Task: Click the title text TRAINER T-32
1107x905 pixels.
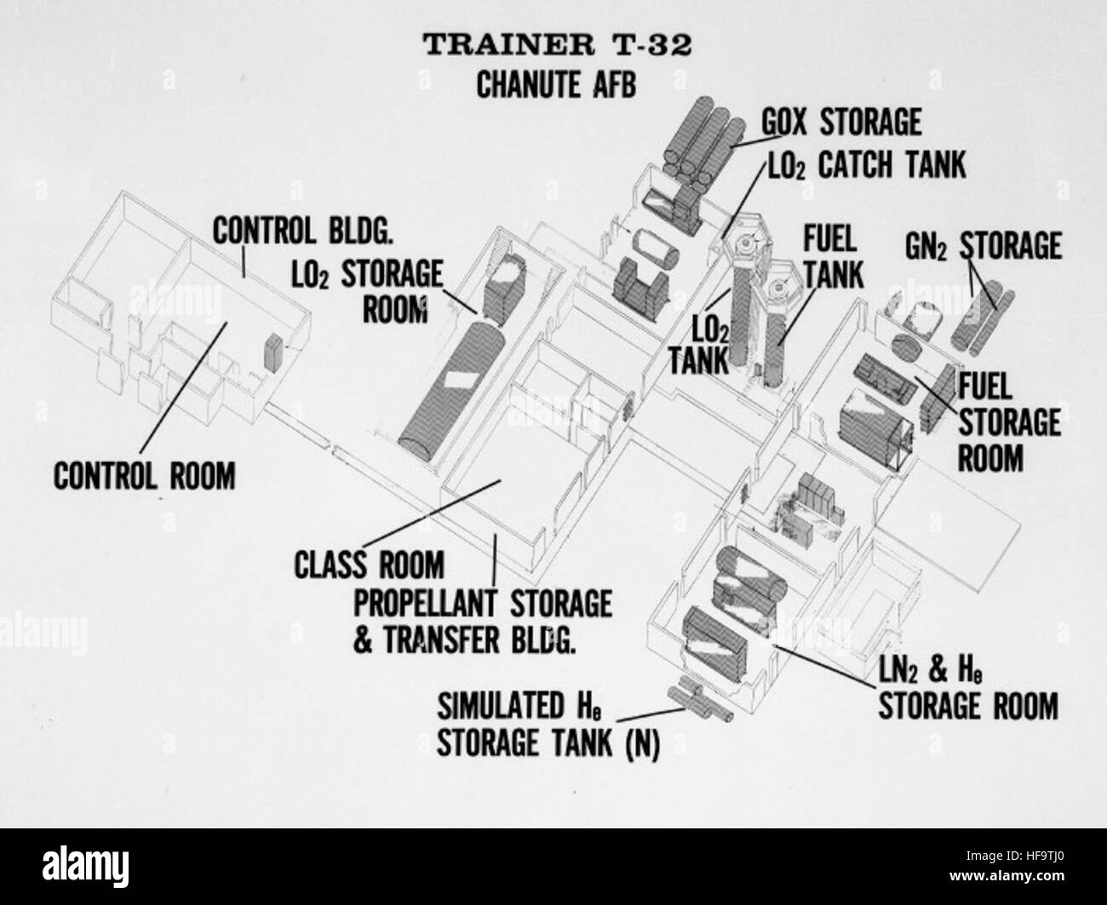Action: (x=558, y=45)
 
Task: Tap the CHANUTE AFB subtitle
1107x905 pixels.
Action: (x=556, y=84)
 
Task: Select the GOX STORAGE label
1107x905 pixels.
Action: (x=841, y=123)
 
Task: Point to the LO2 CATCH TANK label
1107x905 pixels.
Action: (x=867, y=165)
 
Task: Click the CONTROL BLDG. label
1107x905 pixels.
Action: (x=303, y=231)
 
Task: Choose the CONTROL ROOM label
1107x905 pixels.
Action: (x=145, y=476)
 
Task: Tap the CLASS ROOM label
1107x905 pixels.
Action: (x=369, y=564)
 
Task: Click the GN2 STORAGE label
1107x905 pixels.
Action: (x=984, y=246)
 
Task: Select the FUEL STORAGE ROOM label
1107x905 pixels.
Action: (x=1008, y=422)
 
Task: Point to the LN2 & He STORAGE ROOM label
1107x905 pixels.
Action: (x=968, y=689)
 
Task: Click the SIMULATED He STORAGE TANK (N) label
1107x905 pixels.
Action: (x=548, y=725)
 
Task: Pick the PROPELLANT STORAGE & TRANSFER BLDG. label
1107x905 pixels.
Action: (x=482, y=621)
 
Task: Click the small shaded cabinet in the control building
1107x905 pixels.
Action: (x=273, y=352)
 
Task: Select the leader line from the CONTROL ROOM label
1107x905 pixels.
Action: (x=183, y=388)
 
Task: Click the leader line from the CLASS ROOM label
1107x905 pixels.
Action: (x=432, y=513)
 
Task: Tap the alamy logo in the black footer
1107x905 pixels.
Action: (x=85, y=862)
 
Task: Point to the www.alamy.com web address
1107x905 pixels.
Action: (x=1007, y=875)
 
